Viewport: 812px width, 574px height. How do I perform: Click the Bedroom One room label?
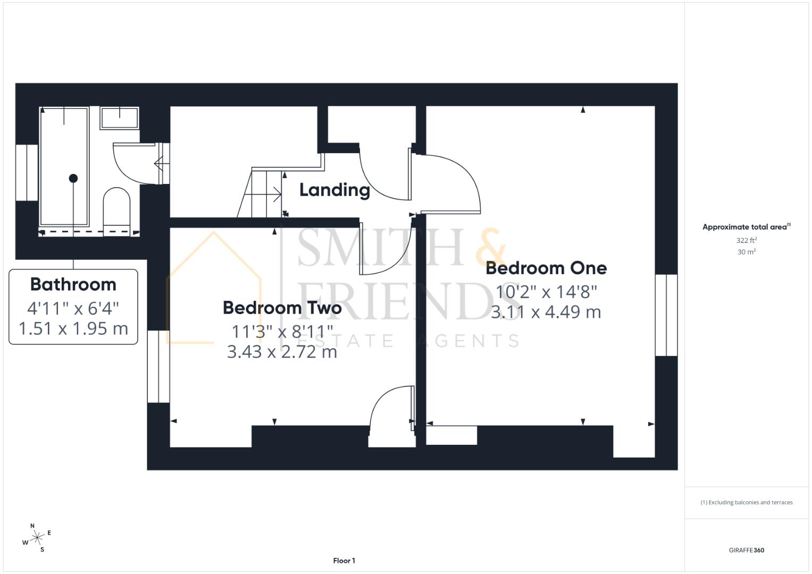[x=546, y=268]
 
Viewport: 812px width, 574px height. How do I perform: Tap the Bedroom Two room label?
[x=282, y=308]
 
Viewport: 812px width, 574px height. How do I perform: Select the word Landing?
[x=334, y=190]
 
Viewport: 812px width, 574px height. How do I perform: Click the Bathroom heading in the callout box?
[x=73, y=284]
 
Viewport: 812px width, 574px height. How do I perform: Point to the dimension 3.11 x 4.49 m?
[x=546, y=312]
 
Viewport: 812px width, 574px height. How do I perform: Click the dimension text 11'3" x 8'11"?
[x=282, y=332]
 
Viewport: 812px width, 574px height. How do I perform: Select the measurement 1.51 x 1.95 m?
[x=73, y=328]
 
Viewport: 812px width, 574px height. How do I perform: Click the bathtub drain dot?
[x=73, y=179]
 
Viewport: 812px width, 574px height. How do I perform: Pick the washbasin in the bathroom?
[x=120, y=117]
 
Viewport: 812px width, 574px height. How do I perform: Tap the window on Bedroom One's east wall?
[x=666, y=315]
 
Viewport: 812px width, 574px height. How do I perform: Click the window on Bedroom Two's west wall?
[x=158, y=366]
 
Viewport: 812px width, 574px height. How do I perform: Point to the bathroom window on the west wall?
[x=26, y=172]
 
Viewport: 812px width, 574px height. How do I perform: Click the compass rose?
[x=37, y=538]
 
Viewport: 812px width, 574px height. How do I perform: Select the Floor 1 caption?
[x=344, y=561]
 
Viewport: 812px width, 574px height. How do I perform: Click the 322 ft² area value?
[x=747, y=240]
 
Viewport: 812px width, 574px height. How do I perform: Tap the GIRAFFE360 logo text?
[x=746, y=550]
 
